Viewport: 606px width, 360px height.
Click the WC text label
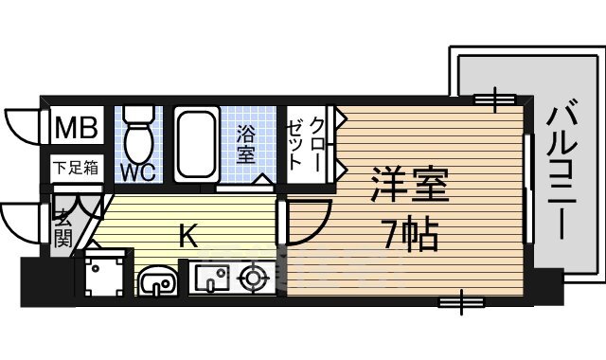[136, 173]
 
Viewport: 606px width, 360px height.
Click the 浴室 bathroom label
[246, 144]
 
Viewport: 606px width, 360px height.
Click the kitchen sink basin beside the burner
[210, 279]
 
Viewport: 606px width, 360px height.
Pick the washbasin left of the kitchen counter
[156, 280]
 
